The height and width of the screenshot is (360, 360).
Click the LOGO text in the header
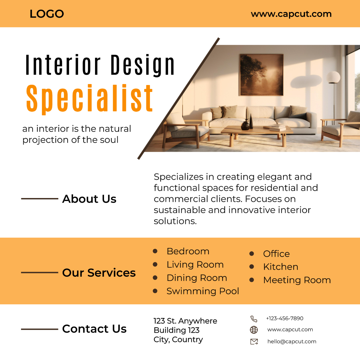[47, 14]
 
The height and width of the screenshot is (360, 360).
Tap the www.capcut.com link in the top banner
[291, 14]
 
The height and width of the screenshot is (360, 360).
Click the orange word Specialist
[89, 98]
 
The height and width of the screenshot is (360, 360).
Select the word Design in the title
[143, 65]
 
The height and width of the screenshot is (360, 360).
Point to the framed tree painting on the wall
[261, 75]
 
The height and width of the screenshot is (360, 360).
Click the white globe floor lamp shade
[333, 77]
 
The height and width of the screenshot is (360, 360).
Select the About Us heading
[89, 199]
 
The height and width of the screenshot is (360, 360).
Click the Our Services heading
[99, 273]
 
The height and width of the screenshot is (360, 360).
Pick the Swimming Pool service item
[203, 291]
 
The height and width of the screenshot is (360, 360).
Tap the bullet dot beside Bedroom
[155, 251]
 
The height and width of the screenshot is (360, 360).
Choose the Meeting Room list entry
[297, 280]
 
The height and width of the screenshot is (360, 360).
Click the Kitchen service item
[281, 267]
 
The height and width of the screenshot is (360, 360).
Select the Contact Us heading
[94, 329]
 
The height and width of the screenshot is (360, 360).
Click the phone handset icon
[254, 319]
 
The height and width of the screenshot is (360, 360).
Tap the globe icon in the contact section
[254, 330]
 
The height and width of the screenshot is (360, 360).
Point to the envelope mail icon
[254, 342]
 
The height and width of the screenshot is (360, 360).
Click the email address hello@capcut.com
[292, 342]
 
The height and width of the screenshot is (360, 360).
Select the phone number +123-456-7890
[285, 318]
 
